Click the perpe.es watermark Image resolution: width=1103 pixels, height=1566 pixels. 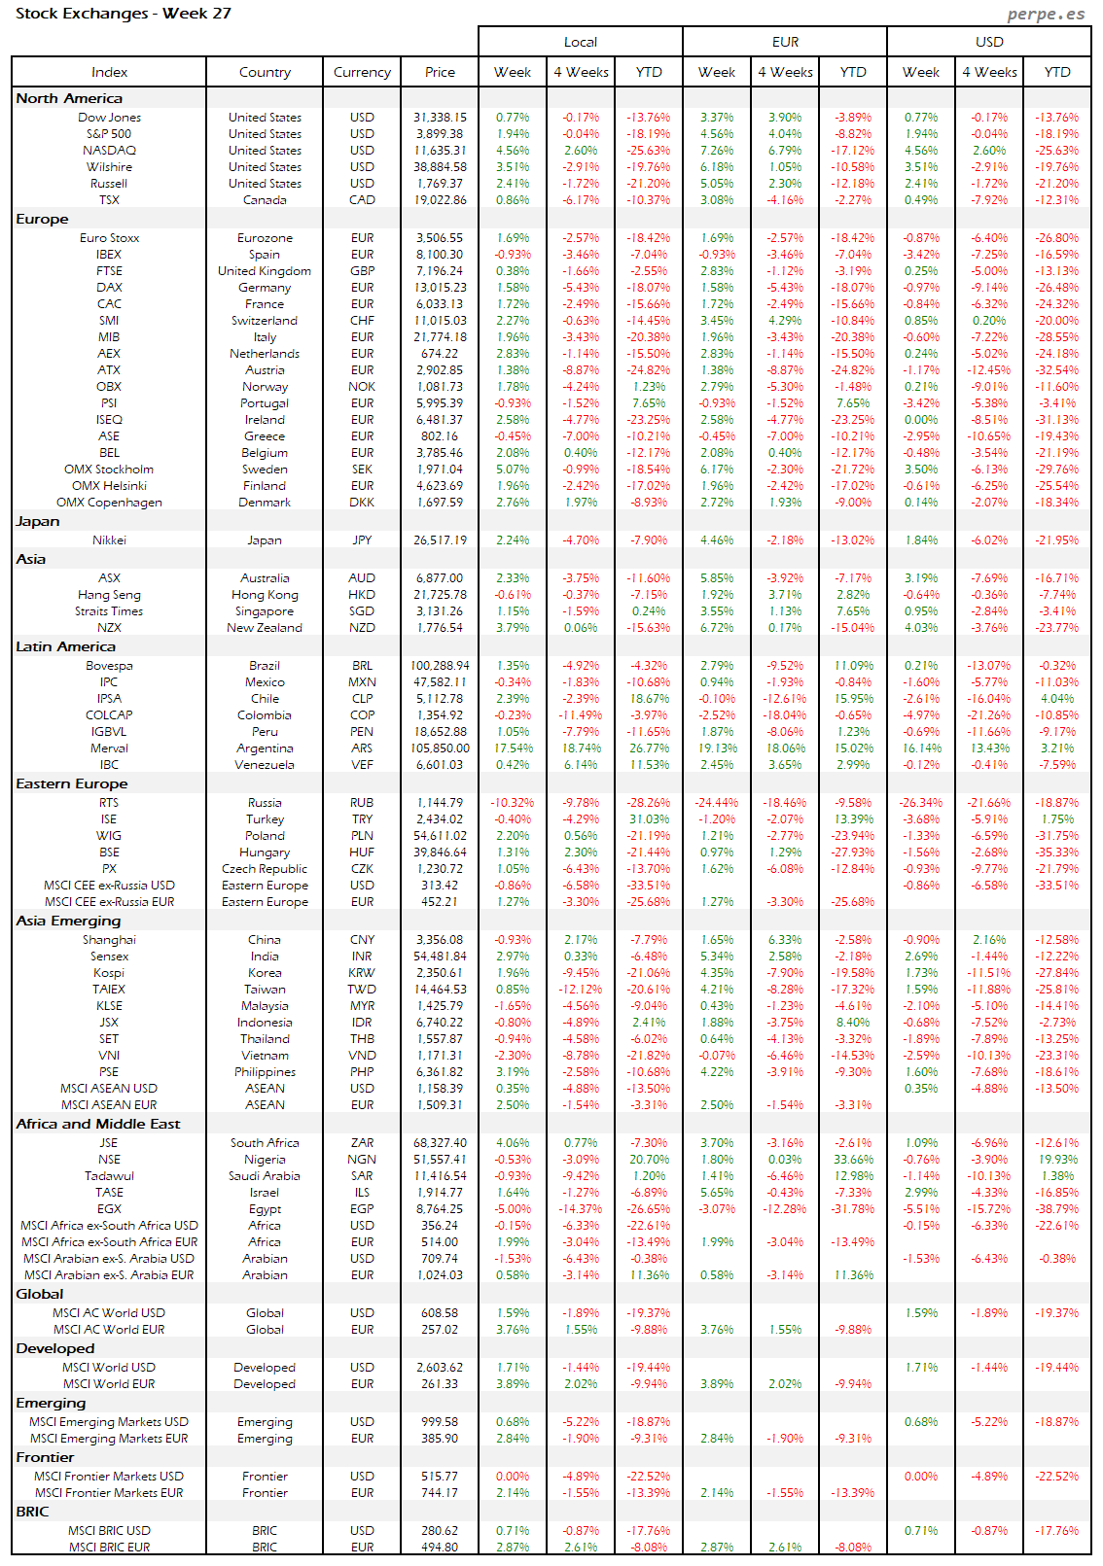coord(1046,14)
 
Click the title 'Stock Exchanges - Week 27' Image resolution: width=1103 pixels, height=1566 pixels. coord(124,14)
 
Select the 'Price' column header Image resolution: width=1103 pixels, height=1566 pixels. coord(440,72)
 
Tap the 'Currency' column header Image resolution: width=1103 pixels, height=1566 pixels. coord(362,72)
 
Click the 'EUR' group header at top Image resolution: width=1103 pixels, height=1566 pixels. coord(785,42)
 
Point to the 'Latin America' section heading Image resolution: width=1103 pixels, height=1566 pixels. coord(65,646)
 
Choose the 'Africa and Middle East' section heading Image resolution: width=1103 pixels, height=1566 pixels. coord(98,1124)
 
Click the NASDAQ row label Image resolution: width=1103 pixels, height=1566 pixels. coord(109,151)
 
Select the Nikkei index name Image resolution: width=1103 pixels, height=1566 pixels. coord(109,540)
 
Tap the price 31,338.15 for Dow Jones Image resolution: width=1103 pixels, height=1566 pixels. coord(440,118)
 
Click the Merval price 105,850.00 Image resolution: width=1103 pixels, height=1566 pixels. coord(440,748)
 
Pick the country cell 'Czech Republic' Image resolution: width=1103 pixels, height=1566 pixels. coord(265,869)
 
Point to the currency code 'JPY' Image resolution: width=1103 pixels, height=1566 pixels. coord(362,540)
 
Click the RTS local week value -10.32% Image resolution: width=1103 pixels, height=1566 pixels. coord(513,803)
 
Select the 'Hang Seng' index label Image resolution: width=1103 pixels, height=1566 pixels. coord(109,595)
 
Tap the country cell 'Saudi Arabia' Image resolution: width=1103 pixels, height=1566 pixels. coord(265,1176)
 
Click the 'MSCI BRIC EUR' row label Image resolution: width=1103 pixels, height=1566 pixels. coord(109,1548)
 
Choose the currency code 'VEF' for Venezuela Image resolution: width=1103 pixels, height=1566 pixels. coord(362,765)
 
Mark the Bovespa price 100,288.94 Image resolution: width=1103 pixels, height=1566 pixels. coord(440,666)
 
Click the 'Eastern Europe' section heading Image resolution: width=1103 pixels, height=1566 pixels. coord(72,783)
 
